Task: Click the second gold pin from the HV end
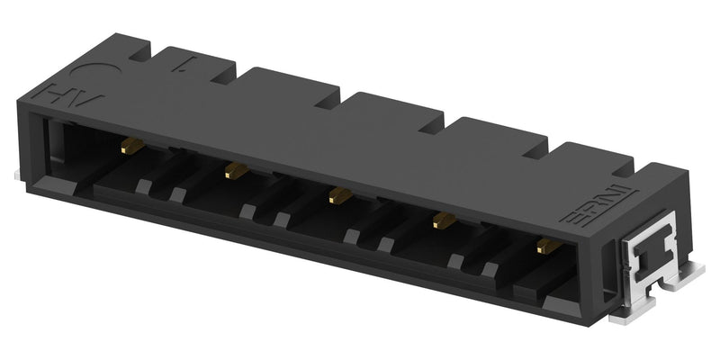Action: pos(236,168)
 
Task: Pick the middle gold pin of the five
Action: pos(338,193)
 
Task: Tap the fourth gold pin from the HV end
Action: pos(442,219)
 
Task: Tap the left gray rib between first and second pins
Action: pos(143,186)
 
